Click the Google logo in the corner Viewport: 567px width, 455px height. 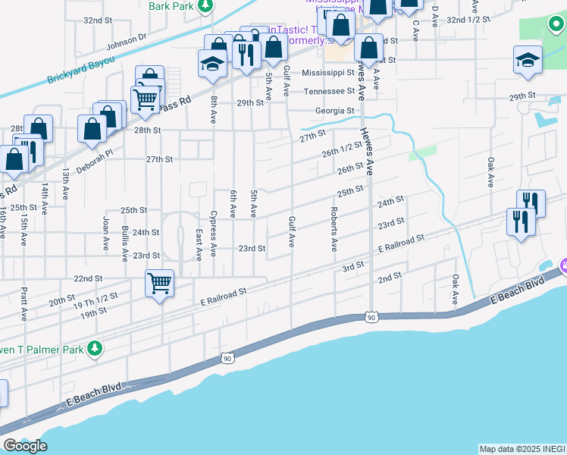[24, 447]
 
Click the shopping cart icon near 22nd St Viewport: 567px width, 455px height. [159, 284]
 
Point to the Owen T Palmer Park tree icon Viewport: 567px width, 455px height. [94, 348]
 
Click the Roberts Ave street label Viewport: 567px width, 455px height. [333, 229]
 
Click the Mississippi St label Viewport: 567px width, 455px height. [328, 73]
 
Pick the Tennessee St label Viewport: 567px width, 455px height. [329, 91]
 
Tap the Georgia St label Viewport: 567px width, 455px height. [334, 111]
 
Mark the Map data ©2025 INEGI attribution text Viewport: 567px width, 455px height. [522, 449]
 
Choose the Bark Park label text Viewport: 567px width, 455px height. [170, 6]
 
